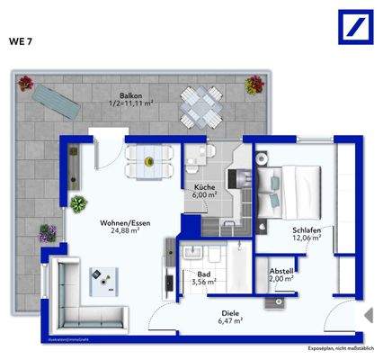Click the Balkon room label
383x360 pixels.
[132, 95]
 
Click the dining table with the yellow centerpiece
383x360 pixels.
[150, 160]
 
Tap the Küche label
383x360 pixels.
[205, 187]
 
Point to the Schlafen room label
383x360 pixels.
[306, 230]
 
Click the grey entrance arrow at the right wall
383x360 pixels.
[368, 315]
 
